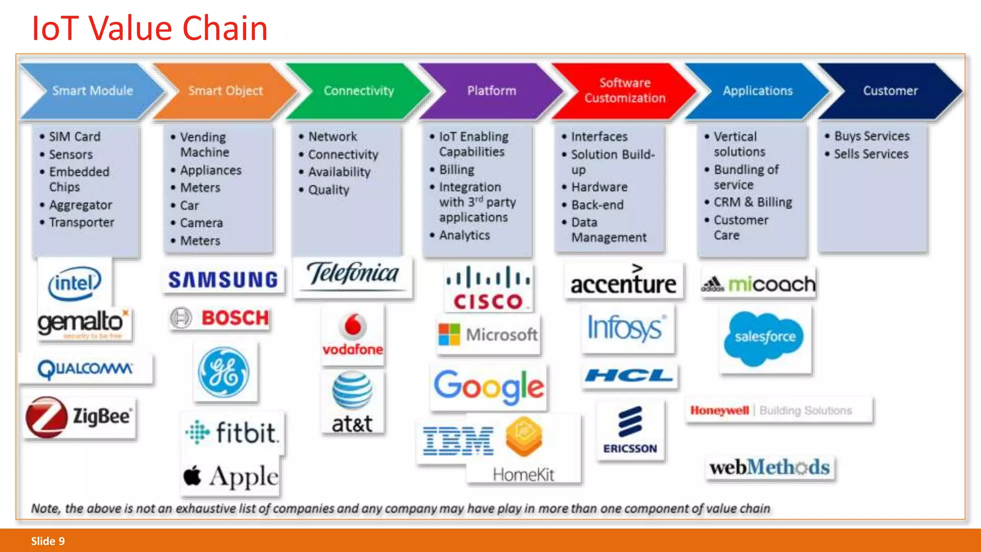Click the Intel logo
[75, 283]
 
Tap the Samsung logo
[223, 280]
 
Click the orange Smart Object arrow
[225, 91]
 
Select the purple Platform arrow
[491, 91]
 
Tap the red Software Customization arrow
[625, 91]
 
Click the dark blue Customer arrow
[890, 91]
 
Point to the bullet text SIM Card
[75, 137]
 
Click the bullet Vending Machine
[204, 144]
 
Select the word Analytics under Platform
[464, 235]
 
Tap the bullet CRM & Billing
[753, 202]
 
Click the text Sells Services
[871, 154]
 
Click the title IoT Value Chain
[149, 29]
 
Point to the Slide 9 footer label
[48, 541]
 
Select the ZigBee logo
[80, 417]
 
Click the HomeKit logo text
[523, 474]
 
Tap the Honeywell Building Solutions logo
[771, 411]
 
